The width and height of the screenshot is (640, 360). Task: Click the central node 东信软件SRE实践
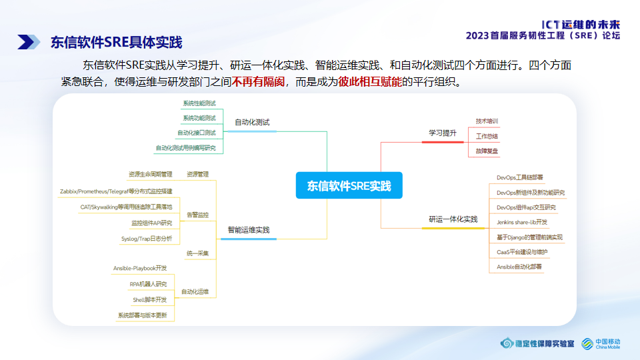tap(349, 185)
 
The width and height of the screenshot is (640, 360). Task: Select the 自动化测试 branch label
tap(256, 123)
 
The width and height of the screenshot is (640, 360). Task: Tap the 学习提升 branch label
tap(442, 133)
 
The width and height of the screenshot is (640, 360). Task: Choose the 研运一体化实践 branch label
tap(453, 219)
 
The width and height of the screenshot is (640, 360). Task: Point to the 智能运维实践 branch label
tap(249, 230)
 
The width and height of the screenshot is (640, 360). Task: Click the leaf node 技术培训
tap(487, 121)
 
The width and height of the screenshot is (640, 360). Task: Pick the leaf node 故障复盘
tap(487, 151)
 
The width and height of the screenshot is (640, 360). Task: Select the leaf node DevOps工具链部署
tap(520, 178)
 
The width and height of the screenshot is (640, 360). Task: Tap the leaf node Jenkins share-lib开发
tap(522, 222)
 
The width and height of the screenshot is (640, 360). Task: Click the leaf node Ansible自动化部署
tap(519, 267)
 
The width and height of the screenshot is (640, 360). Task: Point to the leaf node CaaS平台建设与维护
tap(522, 252)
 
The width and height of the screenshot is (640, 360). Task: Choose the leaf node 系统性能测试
tap(199, 103)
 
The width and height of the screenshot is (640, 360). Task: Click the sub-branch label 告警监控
tap(198, 215)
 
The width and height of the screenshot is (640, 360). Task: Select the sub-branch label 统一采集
tap(198, 253)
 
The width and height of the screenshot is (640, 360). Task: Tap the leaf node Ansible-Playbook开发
tap(140, 268)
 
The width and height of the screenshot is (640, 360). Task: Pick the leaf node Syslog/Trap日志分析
tap(147, 238)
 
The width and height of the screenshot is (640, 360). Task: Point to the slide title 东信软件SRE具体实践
tap(116, 43)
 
